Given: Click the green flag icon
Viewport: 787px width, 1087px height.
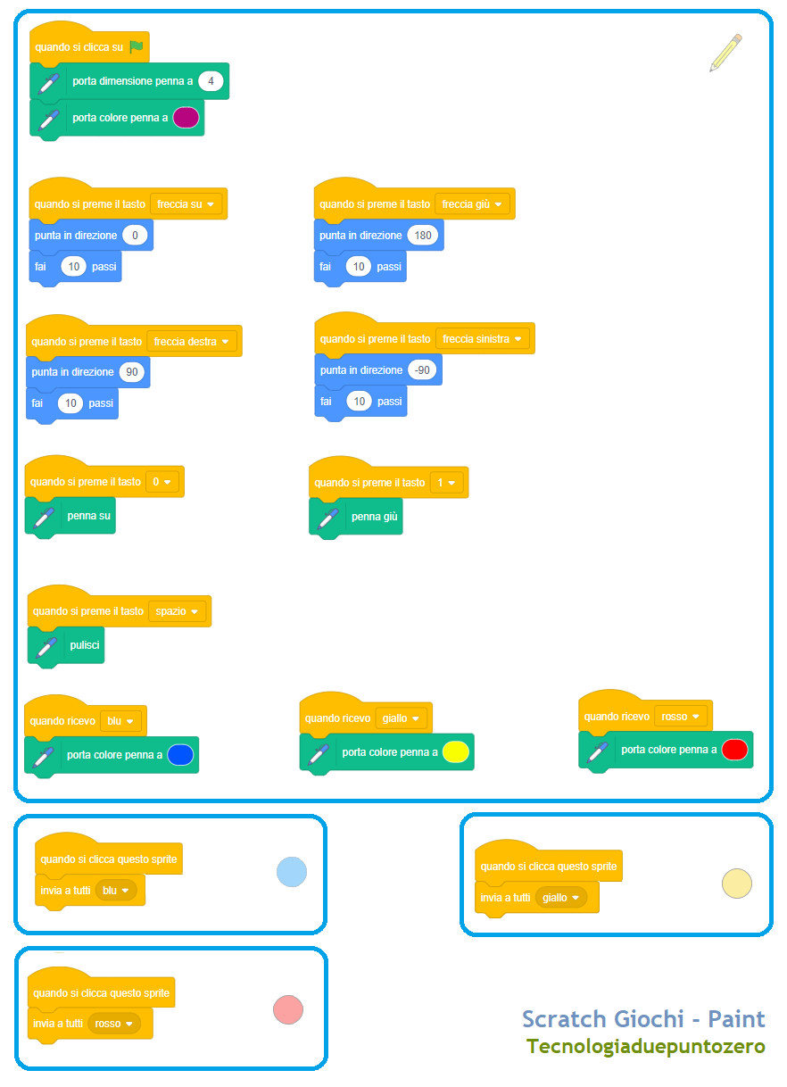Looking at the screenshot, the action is (137, 46).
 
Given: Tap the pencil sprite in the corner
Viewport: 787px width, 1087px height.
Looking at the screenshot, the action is (725, 53).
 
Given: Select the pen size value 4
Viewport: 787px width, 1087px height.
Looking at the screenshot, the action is (211, 81).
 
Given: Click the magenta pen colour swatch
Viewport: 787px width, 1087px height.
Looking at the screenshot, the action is (186, 118).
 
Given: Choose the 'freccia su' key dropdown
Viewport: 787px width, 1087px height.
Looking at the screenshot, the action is (186, 204).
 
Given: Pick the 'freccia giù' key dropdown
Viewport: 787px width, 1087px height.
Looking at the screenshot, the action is (472, 204).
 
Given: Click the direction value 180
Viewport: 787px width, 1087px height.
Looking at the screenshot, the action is (423, 236).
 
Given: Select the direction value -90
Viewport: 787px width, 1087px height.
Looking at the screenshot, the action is (422, 370).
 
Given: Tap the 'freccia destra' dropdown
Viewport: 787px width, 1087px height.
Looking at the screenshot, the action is (191, 342).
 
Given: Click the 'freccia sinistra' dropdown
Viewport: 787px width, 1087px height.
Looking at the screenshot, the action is (482, 339).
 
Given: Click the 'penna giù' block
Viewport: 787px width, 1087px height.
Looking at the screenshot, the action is (356, 518).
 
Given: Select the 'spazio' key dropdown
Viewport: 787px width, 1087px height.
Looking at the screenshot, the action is (177, 611).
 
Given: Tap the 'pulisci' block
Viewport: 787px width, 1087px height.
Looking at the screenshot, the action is (66, 645).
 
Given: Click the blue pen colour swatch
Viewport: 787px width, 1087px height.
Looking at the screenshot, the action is (180, 755).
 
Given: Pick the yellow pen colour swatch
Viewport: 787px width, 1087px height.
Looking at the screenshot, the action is (456, 752).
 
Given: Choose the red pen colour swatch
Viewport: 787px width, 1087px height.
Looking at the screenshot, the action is (734, 750).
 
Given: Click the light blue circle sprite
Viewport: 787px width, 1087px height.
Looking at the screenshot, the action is (292, 872).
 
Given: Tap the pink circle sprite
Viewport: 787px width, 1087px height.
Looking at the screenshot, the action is (288, 1010).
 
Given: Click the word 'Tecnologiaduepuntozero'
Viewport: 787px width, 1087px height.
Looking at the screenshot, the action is (646, 1047).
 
